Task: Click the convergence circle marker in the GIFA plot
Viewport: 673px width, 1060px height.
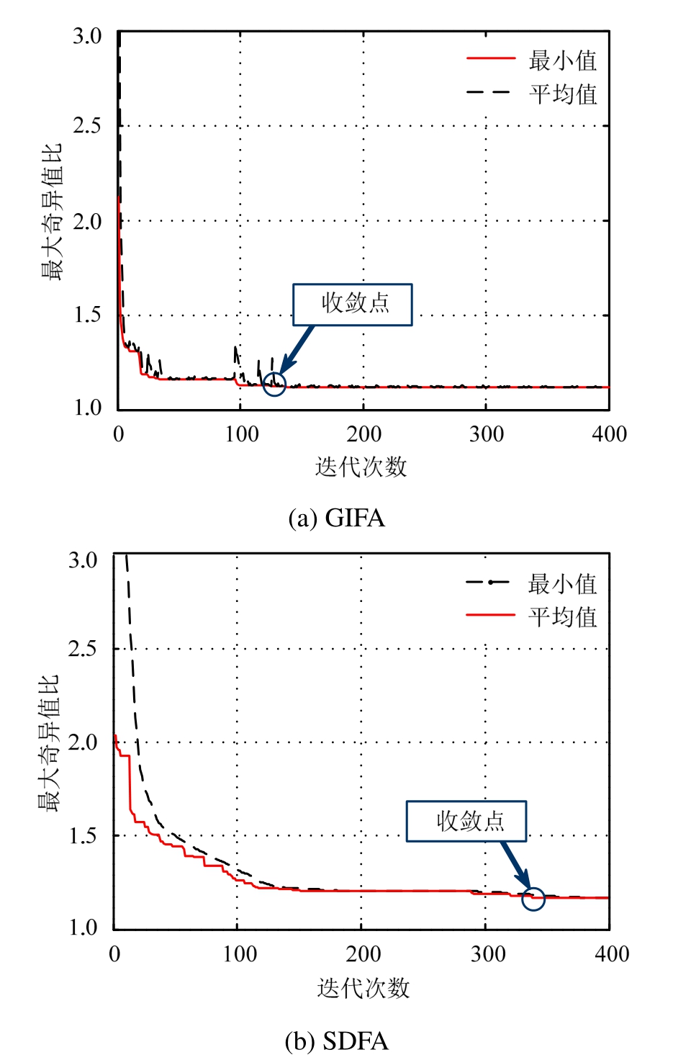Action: pyautogui.click(x=274, y=384)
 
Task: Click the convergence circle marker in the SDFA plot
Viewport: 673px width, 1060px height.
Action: pyautogui.click(x=533, y=898)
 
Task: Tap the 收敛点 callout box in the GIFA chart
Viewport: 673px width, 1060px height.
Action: pyautogui.click(x=353, y=305)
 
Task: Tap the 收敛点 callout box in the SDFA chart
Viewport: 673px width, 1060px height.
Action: pyautogui.click(x=466, y=821)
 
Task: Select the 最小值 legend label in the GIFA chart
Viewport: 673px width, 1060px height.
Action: pyautogui.click(x=563, y=60)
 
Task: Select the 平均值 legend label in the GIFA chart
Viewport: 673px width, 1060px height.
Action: pyautogui.click(x=563, y=94)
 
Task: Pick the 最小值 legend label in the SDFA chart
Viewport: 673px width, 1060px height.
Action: pyautogui.click(x=563, y=584)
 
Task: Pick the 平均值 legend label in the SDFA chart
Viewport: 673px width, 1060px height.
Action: pyautogui.click(x=563, y=617)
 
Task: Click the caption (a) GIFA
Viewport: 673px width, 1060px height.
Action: pyautogui.click(x=336, y=518)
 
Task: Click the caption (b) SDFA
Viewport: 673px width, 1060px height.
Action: pyautogui.click(x=336, y=1041)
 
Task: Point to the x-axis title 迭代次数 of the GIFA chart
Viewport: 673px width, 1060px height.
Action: pyautogui.click(x=361, y=467)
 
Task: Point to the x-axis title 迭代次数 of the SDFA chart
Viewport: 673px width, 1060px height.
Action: pyautogui.click(x=363, y=987)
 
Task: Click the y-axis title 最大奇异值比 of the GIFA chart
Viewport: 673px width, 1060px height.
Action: pyautogui.click(x=52, y=212)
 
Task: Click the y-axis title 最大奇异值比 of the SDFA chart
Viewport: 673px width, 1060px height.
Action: pyautogui.click(x=48, y=744)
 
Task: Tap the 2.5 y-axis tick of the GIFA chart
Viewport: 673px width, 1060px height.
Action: pyautogui.click(x=87, y=126)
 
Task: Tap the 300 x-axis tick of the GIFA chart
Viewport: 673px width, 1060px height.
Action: pyautogui.click(x=487, y=434)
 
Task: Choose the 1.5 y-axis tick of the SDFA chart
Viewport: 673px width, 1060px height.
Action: pyautogui.click(x=83, y=836)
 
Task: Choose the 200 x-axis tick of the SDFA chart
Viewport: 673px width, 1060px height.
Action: pyautogui.click(x=363, y=954)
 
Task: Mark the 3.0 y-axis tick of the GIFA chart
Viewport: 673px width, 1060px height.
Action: pyautogui.click(x=87, y=36)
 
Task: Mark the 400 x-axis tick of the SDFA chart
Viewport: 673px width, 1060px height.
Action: pyautogui.click(x=612, y=954)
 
